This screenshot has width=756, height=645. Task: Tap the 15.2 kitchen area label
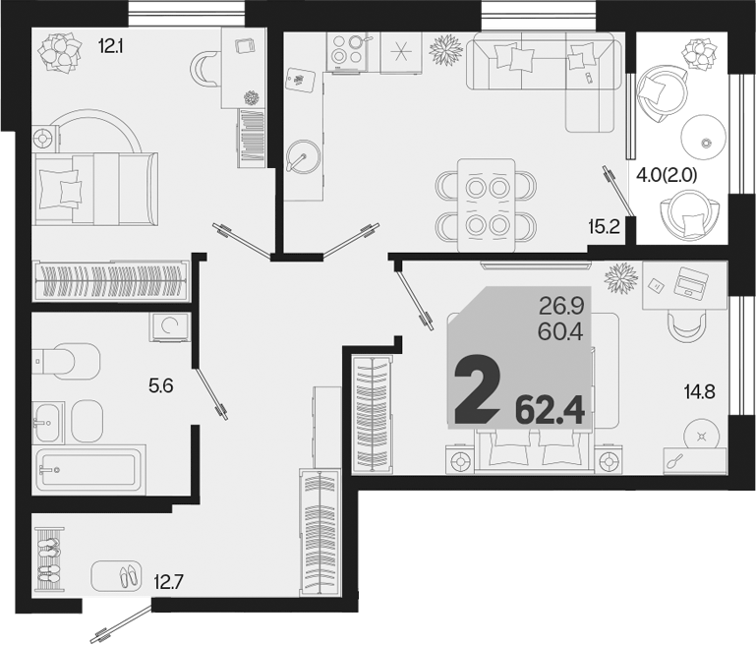point(604,226)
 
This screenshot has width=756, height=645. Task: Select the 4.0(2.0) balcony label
point(668,175)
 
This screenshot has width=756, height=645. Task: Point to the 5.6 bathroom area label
point(161,385)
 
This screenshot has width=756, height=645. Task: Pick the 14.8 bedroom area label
point(699,392)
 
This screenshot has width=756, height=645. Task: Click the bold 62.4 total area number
point(550,411)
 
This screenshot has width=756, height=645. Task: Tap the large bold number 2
point(477,387)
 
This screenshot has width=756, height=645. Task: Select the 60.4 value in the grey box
point(560,331)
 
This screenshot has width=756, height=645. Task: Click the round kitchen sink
point(303,156)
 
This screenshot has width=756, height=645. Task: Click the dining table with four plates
point(487,205)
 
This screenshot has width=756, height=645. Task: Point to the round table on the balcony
point(704,137)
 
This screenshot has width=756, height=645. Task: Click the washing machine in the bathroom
point(169,327)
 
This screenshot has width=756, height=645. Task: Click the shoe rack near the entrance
point(50,559)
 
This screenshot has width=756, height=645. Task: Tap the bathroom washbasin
point(48,423)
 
